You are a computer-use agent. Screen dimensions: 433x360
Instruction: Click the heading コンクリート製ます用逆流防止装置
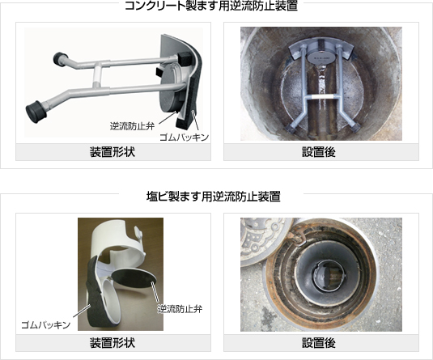(x=211, y=6)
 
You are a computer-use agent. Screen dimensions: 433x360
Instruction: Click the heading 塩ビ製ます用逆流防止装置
(x=213, y=197)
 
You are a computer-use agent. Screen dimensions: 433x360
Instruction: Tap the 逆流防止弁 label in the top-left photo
(x=132, y=126)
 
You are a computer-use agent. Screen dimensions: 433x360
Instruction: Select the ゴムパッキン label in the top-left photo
(x=185, y=137)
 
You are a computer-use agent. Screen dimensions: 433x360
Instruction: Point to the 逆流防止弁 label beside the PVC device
(x=180, y=309)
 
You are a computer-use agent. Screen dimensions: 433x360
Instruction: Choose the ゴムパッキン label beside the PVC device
(x=46, y=324)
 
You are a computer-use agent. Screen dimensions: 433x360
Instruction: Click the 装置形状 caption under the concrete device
(x=112, y=152)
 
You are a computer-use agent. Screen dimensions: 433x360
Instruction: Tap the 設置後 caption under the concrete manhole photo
(x=319, y=152)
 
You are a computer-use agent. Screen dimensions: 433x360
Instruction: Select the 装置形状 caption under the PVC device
(x=112, y=343)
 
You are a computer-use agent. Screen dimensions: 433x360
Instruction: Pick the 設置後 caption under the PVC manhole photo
(x=319, y=343)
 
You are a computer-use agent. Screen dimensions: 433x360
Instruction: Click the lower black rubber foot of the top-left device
(x=36, y=112)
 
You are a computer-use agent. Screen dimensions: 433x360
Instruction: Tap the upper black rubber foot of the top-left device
(x=59, y=59)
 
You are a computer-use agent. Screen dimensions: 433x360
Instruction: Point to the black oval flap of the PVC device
(x=134, y=279)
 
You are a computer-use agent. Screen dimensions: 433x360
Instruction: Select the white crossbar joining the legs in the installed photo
(x=321, y=96)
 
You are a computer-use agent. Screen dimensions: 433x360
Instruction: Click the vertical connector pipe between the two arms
(x=96, y=74)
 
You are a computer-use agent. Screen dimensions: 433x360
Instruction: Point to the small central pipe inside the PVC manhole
(x=329, y=274)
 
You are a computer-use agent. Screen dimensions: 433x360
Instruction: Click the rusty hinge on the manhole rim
(x=297, y=236)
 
